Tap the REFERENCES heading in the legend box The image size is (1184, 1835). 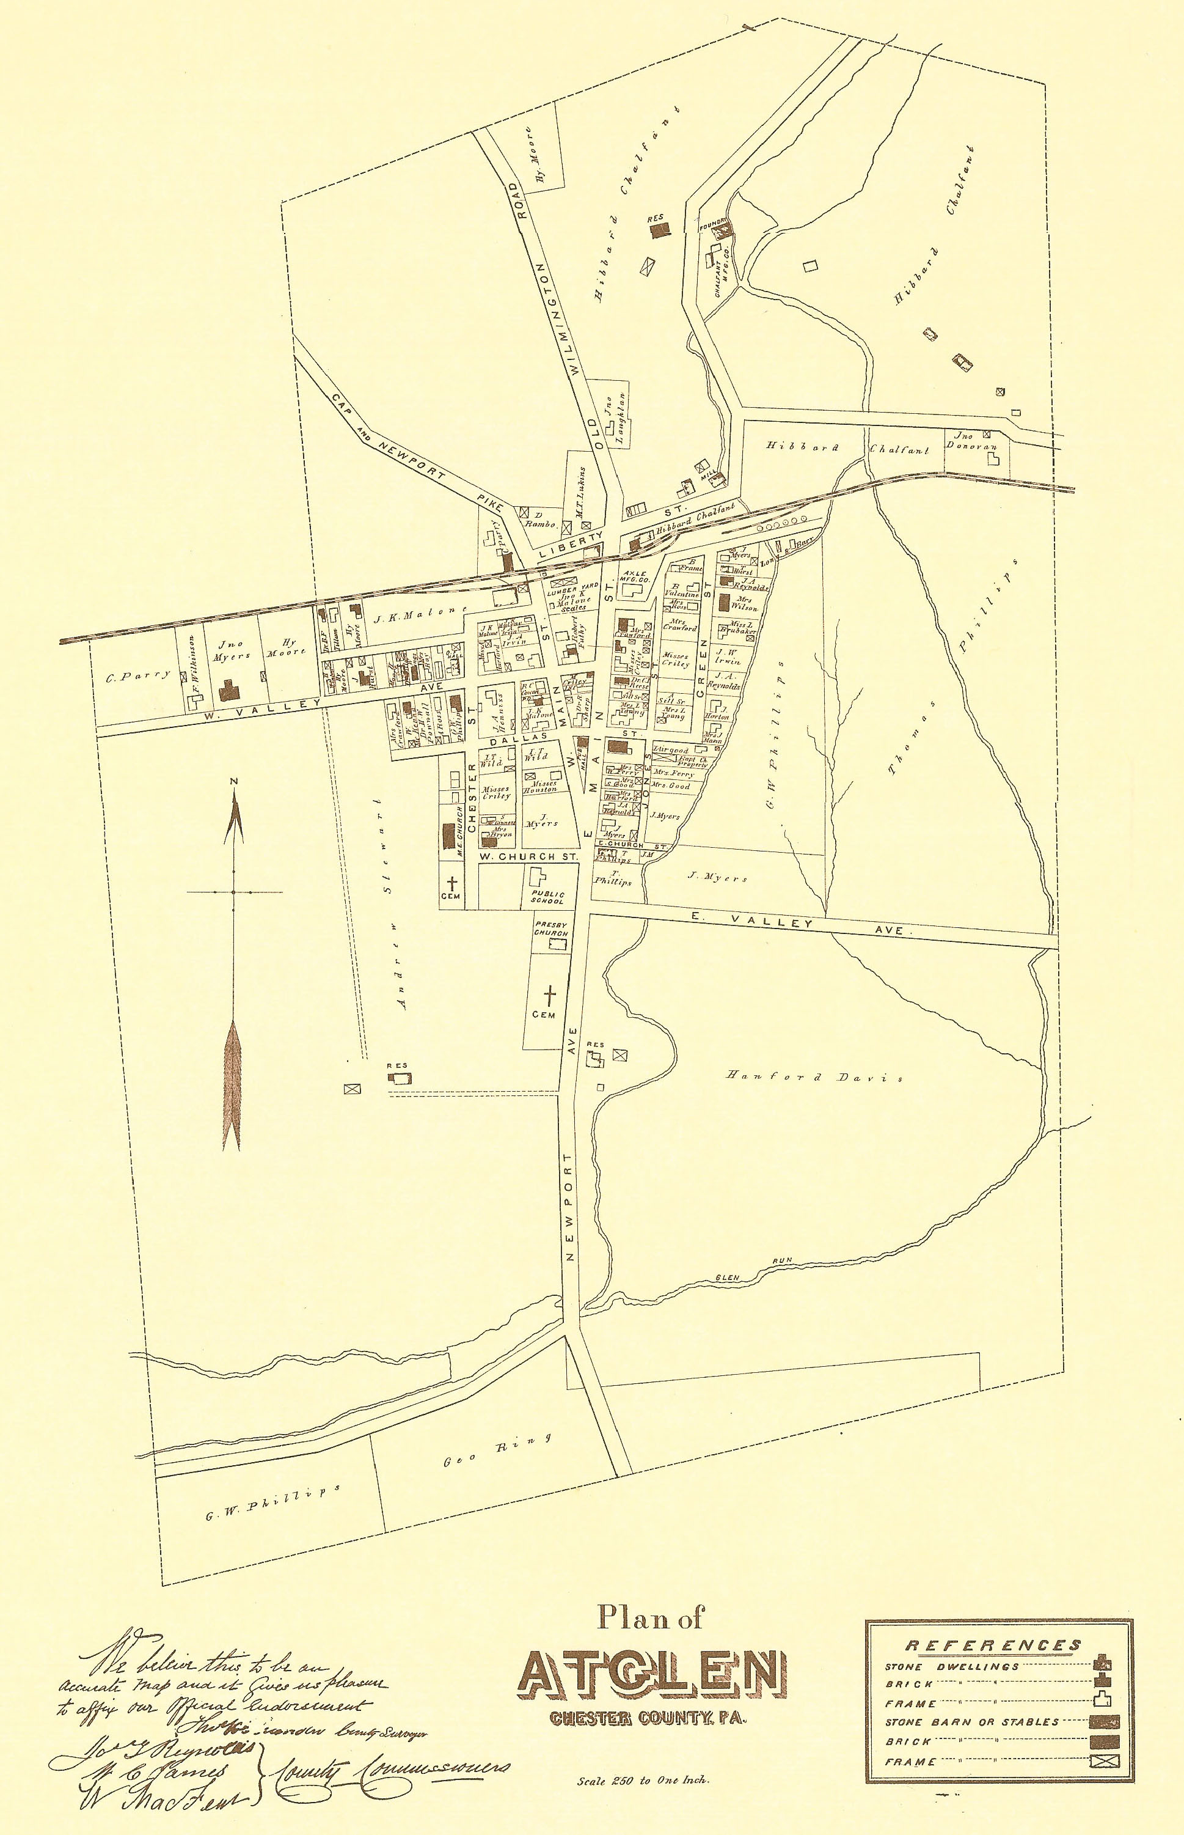993,1644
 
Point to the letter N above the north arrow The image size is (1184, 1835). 234,781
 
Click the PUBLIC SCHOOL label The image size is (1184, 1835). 548,897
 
